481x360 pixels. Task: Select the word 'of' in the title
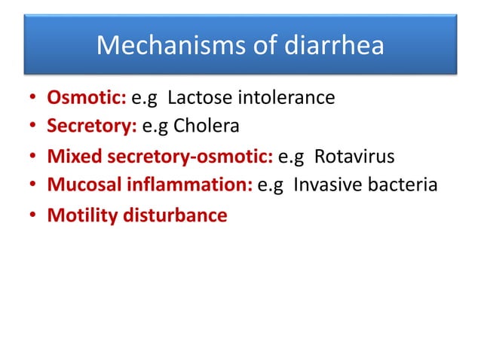pyautogui.click(x=250, y=46)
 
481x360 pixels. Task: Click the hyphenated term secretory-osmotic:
pyautogui.click(x=191, y=157)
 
